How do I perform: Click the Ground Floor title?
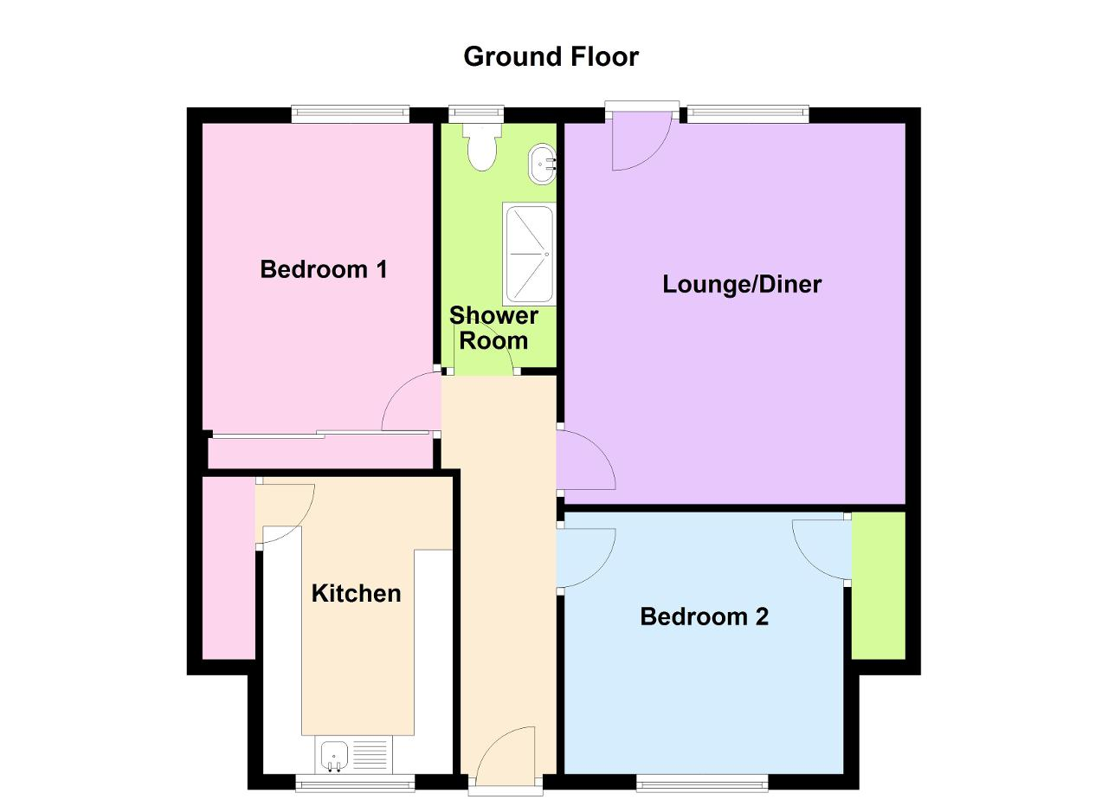[551, 57]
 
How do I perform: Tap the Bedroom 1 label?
[324, 269]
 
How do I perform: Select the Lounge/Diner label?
[742, 285]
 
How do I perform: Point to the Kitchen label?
[356, 594]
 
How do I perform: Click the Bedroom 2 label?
[705, 617]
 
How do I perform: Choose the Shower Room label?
[493, 328]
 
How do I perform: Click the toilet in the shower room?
[482, 147]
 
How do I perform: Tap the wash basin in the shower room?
[543, 164]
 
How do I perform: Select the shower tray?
[529, 254]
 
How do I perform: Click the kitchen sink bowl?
[334, 755]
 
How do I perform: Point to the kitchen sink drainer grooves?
[370, 755]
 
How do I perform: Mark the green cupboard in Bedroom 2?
[878, 585]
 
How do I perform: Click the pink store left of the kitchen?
[229, 568]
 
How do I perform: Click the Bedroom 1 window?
[351, 114]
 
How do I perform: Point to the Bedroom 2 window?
[702, 783]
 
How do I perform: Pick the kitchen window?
[355, 783]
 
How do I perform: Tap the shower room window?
[476, 114]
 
